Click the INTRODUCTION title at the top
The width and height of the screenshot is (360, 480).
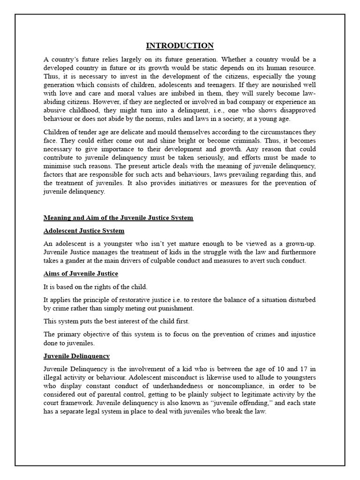[x=180, y=45]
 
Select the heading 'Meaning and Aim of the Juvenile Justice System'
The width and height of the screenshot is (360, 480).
[x=118, y=218]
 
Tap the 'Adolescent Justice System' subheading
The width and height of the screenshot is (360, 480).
[x=84, y=231]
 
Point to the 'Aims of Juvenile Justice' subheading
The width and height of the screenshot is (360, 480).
[x=81, y=273]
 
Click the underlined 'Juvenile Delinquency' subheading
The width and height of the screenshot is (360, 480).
[x=76, y=356]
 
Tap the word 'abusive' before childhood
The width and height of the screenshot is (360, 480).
[x=55, y=110]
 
